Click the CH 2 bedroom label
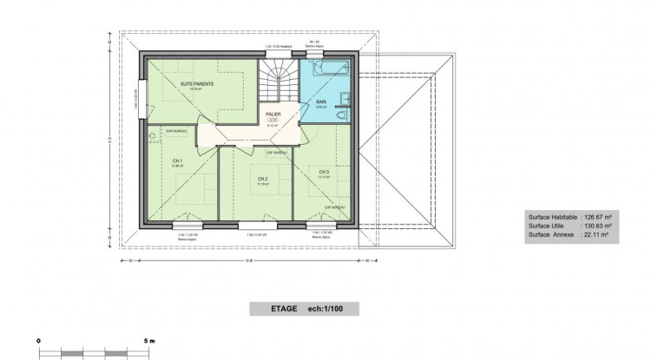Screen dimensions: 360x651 262,180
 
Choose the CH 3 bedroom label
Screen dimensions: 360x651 324,172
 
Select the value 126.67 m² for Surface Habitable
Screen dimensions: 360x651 598,218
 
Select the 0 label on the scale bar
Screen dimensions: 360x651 40,341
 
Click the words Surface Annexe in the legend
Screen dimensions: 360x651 551,233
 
